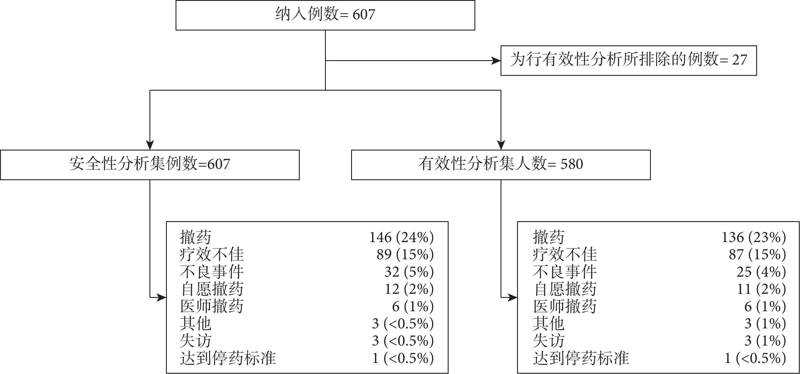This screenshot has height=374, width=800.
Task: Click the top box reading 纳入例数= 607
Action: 325,15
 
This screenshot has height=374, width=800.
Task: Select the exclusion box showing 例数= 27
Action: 629,61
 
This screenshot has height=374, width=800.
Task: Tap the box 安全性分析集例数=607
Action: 150,165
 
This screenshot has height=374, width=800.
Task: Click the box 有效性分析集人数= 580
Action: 501,165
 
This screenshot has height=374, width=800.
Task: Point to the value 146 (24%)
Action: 401,237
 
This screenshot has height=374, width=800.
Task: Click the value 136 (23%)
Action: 754,237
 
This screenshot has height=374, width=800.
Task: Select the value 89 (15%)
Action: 405,255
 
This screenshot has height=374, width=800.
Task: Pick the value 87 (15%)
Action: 757,255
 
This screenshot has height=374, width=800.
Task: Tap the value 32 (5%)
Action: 409,272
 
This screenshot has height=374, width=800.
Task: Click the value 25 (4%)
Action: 761,272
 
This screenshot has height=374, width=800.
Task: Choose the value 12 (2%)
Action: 409,289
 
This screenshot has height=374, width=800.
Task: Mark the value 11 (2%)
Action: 761,289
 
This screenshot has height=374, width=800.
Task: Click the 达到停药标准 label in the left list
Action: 228,358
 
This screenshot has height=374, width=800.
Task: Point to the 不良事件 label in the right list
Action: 565,272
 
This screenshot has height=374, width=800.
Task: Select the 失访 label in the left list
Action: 196,341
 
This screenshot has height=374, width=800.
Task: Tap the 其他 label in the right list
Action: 548,324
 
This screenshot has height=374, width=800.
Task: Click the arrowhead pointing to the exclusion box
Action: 496,61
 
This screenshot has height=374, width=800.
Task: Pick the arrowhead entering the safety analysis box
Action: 150,145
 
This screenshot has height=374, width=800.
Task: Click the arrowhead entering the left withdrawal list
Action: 161,298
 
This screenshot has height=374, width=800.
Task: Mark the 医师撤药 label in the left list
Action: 212,306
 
